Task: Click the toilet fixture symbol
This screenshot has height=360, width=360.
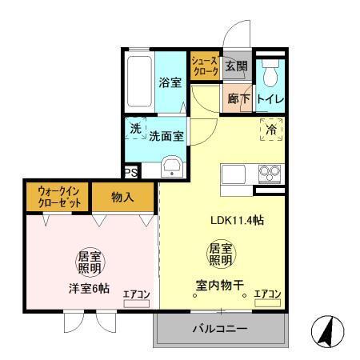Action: pos(273,74)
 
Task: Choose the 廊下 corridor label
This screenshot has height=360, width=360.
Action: pos(238,101)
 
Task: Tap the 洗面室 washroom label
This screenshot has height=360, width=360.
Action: pos(166,136)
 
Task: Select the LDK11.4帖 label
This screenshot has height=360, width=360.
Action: pos(237,222)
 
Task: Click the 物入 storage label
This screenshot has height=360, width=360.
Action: pos(122,197)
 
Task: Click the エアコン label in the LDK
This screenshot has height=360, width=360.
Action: pos(267,294)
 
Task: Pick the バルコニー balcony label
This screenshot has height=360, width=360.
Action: pos(219,329)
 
